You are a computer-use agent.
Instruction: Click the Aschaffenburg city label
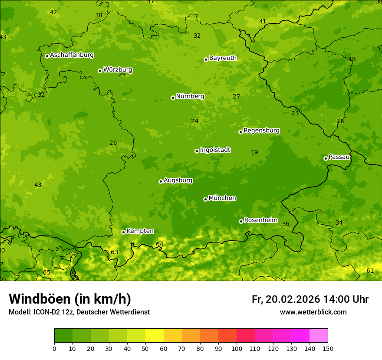click(72, 55)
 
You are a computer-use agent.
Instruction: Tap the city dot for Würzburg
click(100, 71)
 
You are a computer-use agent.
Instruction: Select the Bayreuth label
click(223, 58)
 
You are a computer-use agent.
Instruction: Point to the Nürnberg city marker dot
click(173, 98)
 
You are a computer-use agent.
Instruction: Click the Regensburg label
click(261, 131)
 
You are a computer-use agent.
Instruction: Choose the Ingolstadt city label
click(215, 150)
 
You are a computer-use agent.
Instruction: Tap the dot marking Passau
click(326, 158)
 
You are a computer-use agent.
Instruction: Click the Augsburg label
click(178, 180)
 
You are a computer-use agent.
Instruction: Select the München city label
click(222, 198)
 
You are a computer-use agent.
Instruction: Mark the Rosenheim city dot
click(241, 221)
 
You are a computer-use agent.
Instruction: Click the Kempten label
click(140, 231)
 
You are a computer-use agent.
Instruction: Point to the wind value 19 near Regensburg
click(254, 152)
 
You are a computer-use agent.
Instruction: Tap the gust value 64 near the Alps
click(160, 245)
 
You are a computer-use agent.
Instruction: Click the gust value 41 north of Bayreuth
click(263, 21)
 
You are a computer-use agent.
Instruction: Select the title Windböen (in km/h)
click(70, 299)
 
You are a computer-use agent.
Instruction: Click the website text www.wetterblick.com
click(313, 312)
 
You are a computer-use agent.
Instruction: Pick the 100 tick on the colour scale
click(237, 348)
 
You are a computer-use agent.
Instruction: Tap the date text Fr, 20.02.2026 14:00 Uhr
click(310, 299)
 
